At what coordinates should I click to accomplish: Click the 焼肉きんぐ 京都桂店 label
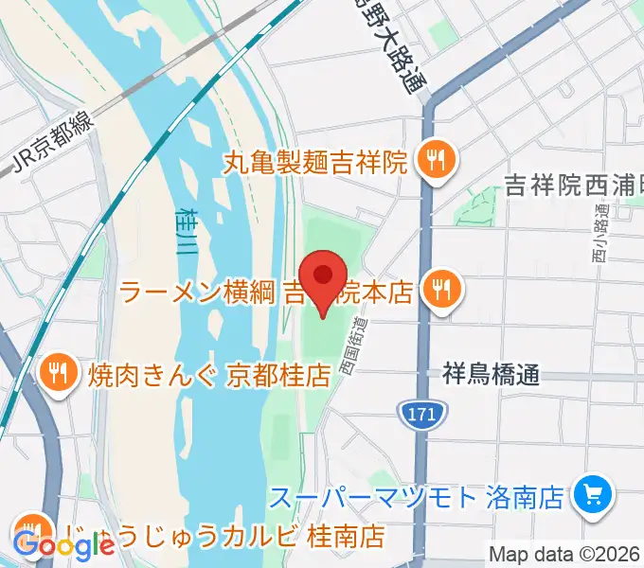pyautogui.click(x=209, y=375)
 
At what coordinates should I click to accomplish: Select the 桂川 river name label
pyautogui.click(x=185, y=233)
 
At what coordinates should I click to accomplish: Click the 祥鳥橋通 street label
pyautogui.click(x=491, y=374)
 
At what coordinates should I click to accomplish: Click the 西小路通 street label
pyautogui.click(x=601, y=238)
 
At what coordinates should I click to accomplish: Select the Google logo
pyautogui.click(x=63, y=545)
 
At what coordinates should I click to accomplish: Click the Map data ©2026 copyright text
pyautogui.click(x=565, y=554)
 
